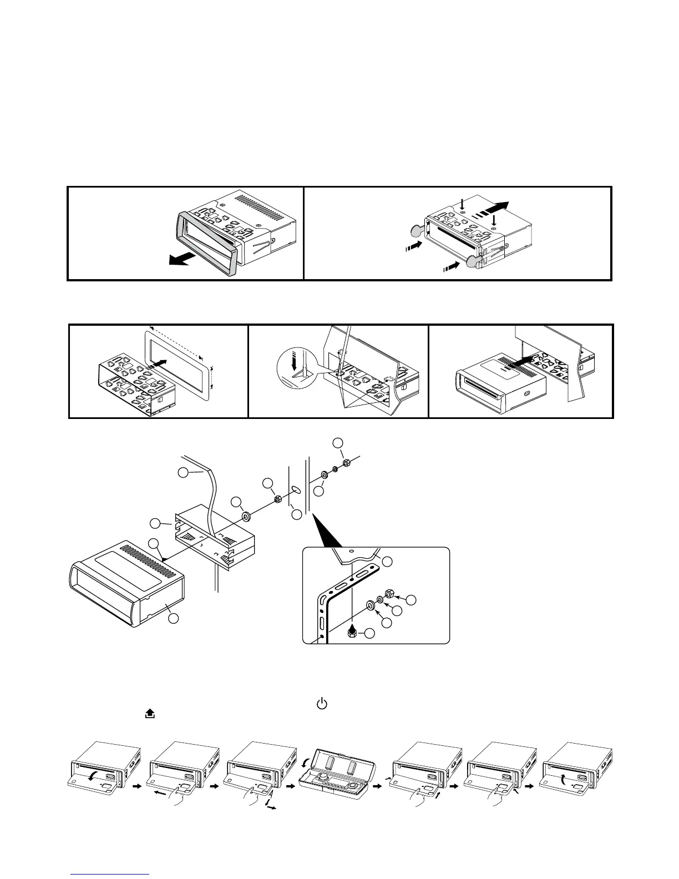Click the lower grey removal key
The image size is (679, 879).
(474, 261)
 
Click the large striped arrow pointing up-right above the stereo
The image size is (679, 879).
(490, 210)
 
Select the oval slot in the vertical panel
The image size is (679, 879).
(296, 490)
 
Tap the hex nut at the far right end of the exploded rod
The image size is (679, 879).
(346, 462)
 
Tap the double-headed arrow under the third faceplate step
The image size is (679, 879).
(272, 809)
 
